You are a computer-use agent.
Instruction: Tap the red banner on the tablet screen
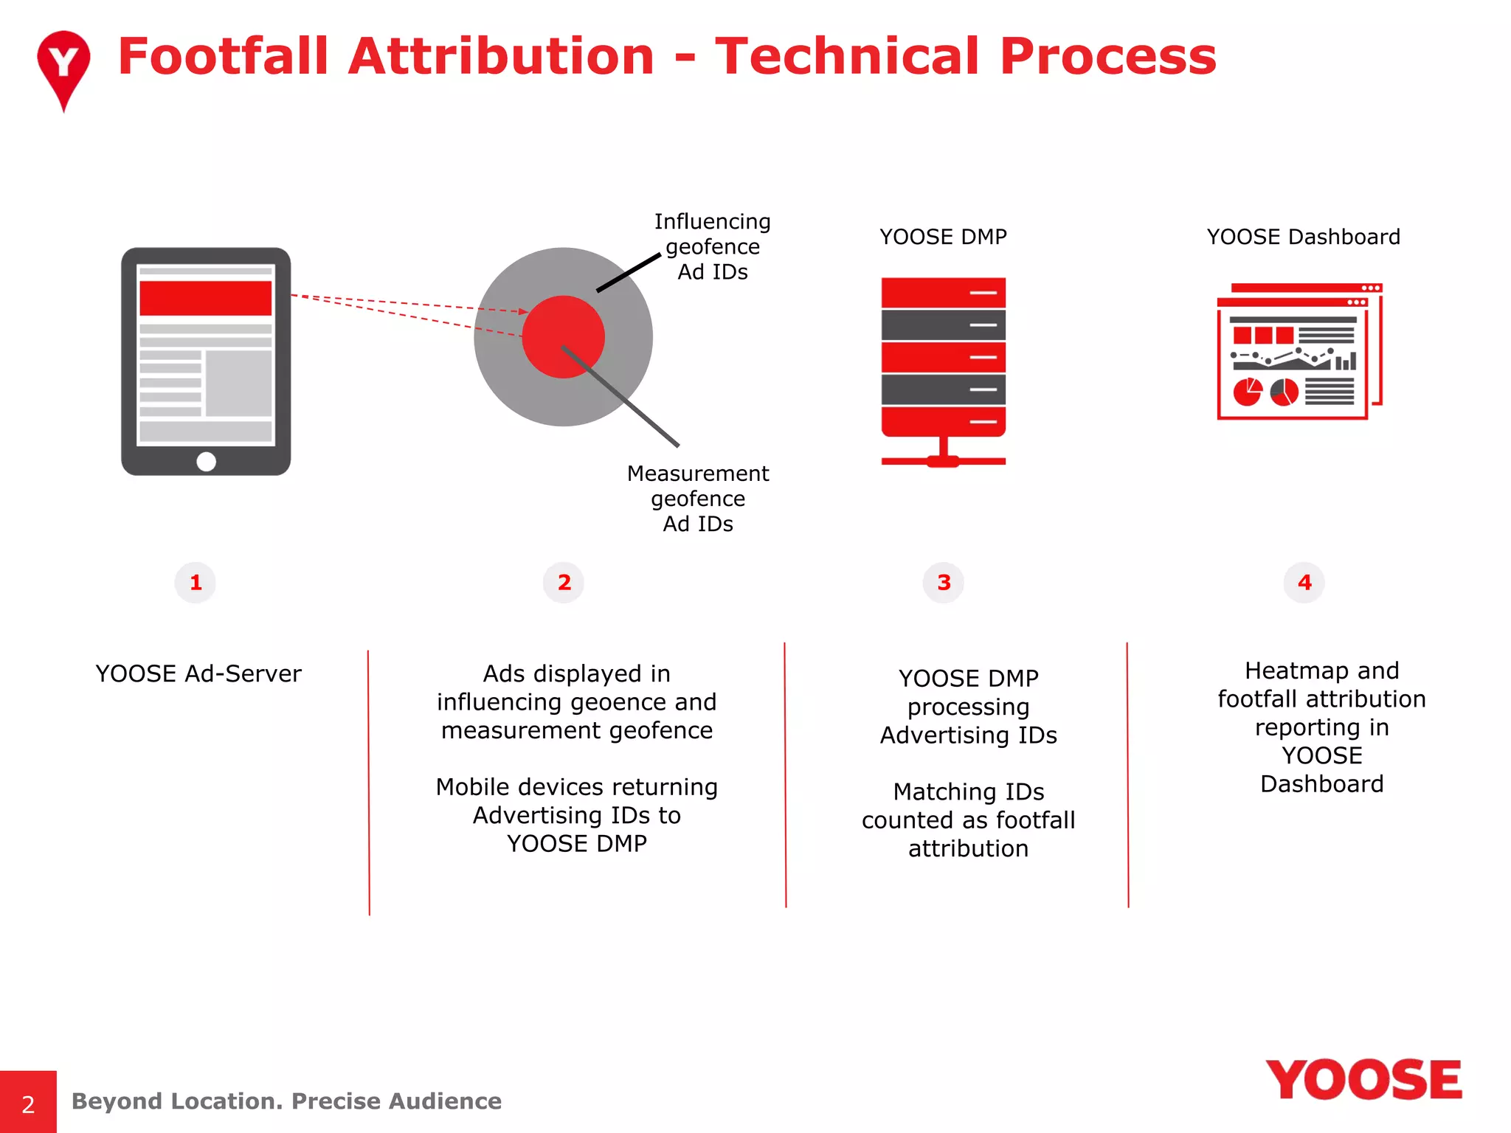coord(205,298)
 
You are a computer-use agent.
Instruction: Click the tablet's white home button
coord(206,461)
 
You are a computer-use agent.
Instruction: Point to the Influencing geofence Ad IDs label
coord(712,246)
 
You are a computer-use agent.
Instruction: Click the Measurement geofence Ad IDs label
coord(697,498)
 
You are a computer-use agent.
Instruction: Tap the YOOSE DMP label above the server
coord(942,237)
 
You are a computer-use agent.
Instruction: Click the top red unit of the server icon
coord(943,292)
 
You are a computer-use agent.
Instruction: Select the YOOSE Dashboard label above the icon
coord(1303,237)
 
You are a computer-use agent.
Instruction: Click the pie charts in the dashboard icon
coord(1265,392)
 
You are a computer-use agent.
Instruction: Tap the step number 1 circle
coord(196,583)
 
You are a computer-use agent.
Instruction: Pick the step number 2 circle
coord(564,583)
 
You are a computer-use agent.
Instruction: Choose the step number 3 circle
coord(944,583)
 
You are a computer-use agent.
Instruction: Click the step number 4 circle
coord(1304,583)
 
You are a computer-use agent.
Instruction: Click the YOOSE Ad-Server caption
coord(198,673)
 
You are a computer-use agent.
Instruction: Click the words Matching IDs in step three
coord(968,791)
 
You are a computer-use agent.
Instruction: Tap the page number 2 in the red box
coord(28,1104)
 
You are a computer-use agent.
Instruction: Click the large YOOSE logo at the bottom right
coord(1363,1081)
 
